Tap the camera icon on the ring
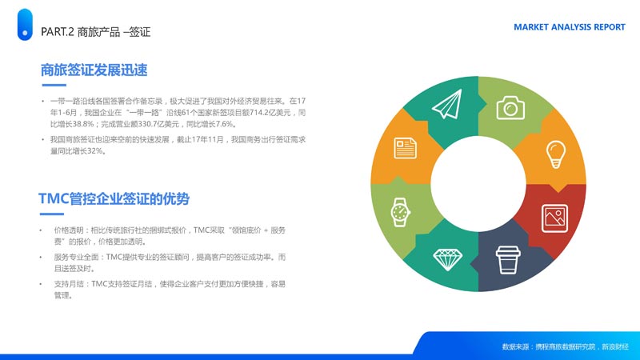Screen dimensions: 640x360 510,108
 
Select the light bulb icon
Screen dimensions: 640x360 555,154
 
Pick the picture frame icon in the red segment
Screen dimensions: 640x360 554,218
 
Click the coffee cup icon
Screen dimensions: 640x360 508,259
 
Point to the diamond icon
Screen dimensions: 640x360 447,259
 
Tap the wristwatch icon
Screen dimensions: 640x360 401,212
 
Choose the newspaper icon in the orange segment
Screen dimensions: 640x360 405,148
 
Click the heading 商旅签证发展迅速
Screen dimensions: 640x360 94,70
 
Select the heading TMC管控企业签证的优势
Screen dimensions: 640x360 114,198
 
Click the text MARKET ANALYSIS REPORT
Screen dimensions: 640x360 569,27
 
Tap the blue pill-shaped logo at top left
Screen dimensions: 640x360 25,25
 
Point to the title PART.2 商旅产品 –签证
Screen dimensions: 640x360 95,32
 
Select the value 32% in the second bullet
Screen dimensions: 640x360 94,151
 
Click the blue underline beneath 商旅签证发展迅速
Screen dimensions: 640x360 54,85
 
